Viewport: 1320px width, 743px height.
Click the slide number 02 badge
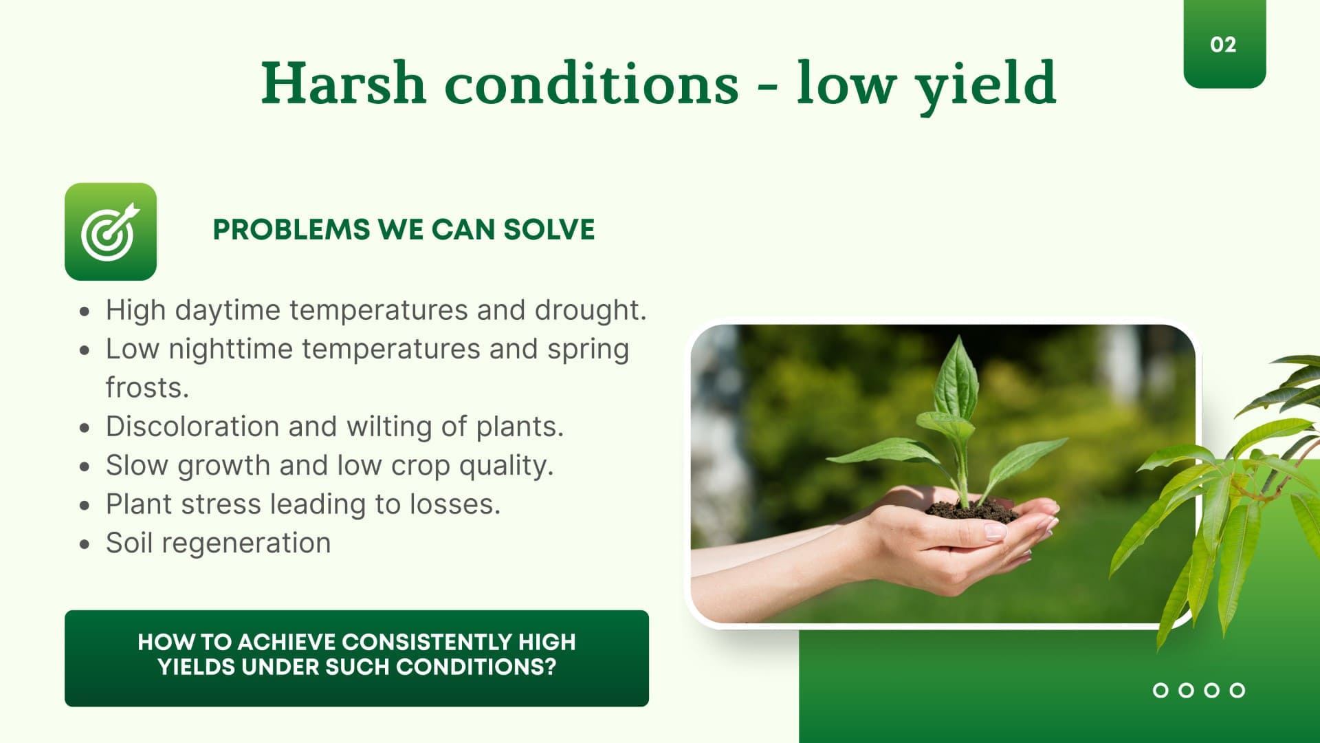pyautogui.click(x=1224, y=44)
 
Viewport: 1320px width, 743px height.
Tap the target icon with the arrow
pyautogui.click(x=111, y=231)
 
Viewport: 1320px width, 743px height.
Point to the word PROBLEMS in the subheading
pyautogui.click(x=291, y=230)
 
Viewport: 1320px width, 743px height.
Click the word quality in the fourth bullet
pyautogui.click(x=506, y=466)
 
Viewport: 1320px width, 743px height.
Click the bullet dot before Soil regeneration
pyautogui.click(x=85, y=544)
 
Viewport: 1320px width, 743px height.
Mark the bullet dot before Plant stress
pyautogui.click(x=85, y=506)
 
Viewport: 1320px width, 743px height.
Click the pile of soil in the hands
pyautogui.click(x=971, y=511)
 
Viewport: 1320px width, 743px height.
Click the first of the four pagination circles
pyautogui.click(x=1160, y=690)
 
